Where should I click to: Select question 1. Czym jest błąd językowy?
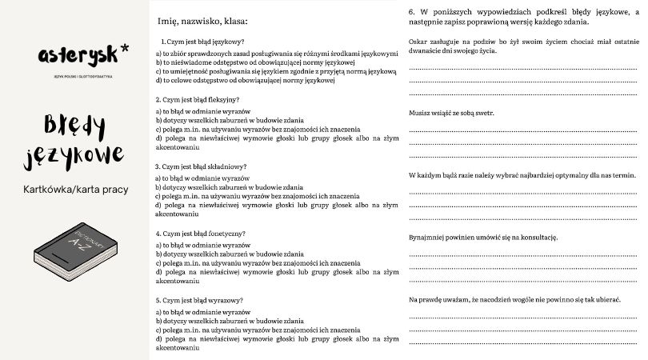pos(202,42)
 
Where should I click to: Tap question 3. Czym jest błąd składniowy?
pos(202,166)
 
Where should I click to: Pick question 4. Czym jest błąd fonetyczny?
pos(201,234)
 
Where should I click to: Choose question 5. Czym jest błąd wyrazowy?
pos(200,300)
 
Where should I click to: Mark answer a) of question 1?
pos(276,54)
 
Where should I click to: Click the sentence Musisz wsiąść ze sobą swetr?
pos(451,113)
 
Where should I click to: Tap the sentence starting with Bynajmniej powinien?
pos(482,238)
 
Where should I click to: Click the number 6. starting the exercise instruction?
pos(411,13)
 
